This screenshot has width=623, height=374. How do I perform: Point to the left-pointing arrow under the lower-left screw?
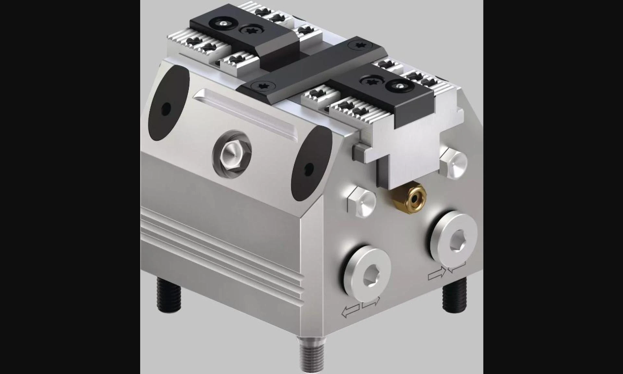[x=350, y=311]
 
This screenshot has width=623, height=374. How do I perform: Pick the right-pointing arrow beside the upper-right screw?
[x=437, y=274]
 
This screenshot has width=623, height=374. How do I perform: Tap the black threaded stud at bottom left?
[x=168, y=294]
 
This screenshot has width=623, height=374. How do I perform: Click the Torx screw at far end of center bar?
[x=359, y=46]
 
